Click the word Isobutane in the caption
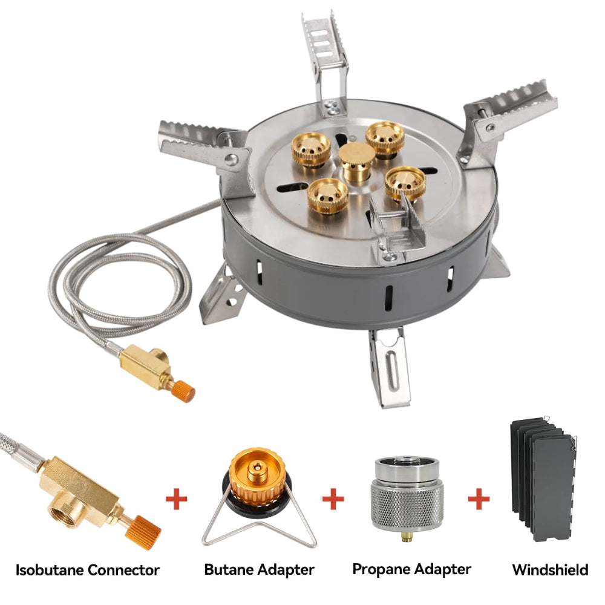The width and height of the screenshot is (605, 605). (50, 569)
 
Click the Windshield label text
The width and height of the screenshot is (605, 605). (550, 570)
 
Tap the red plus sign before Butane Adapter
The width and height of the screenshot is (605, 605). (176, 500)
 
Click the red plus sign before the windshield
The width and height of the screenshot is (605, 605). (479, 500)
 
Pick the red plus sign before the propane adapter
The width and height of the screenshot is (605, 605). (333, 500)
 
